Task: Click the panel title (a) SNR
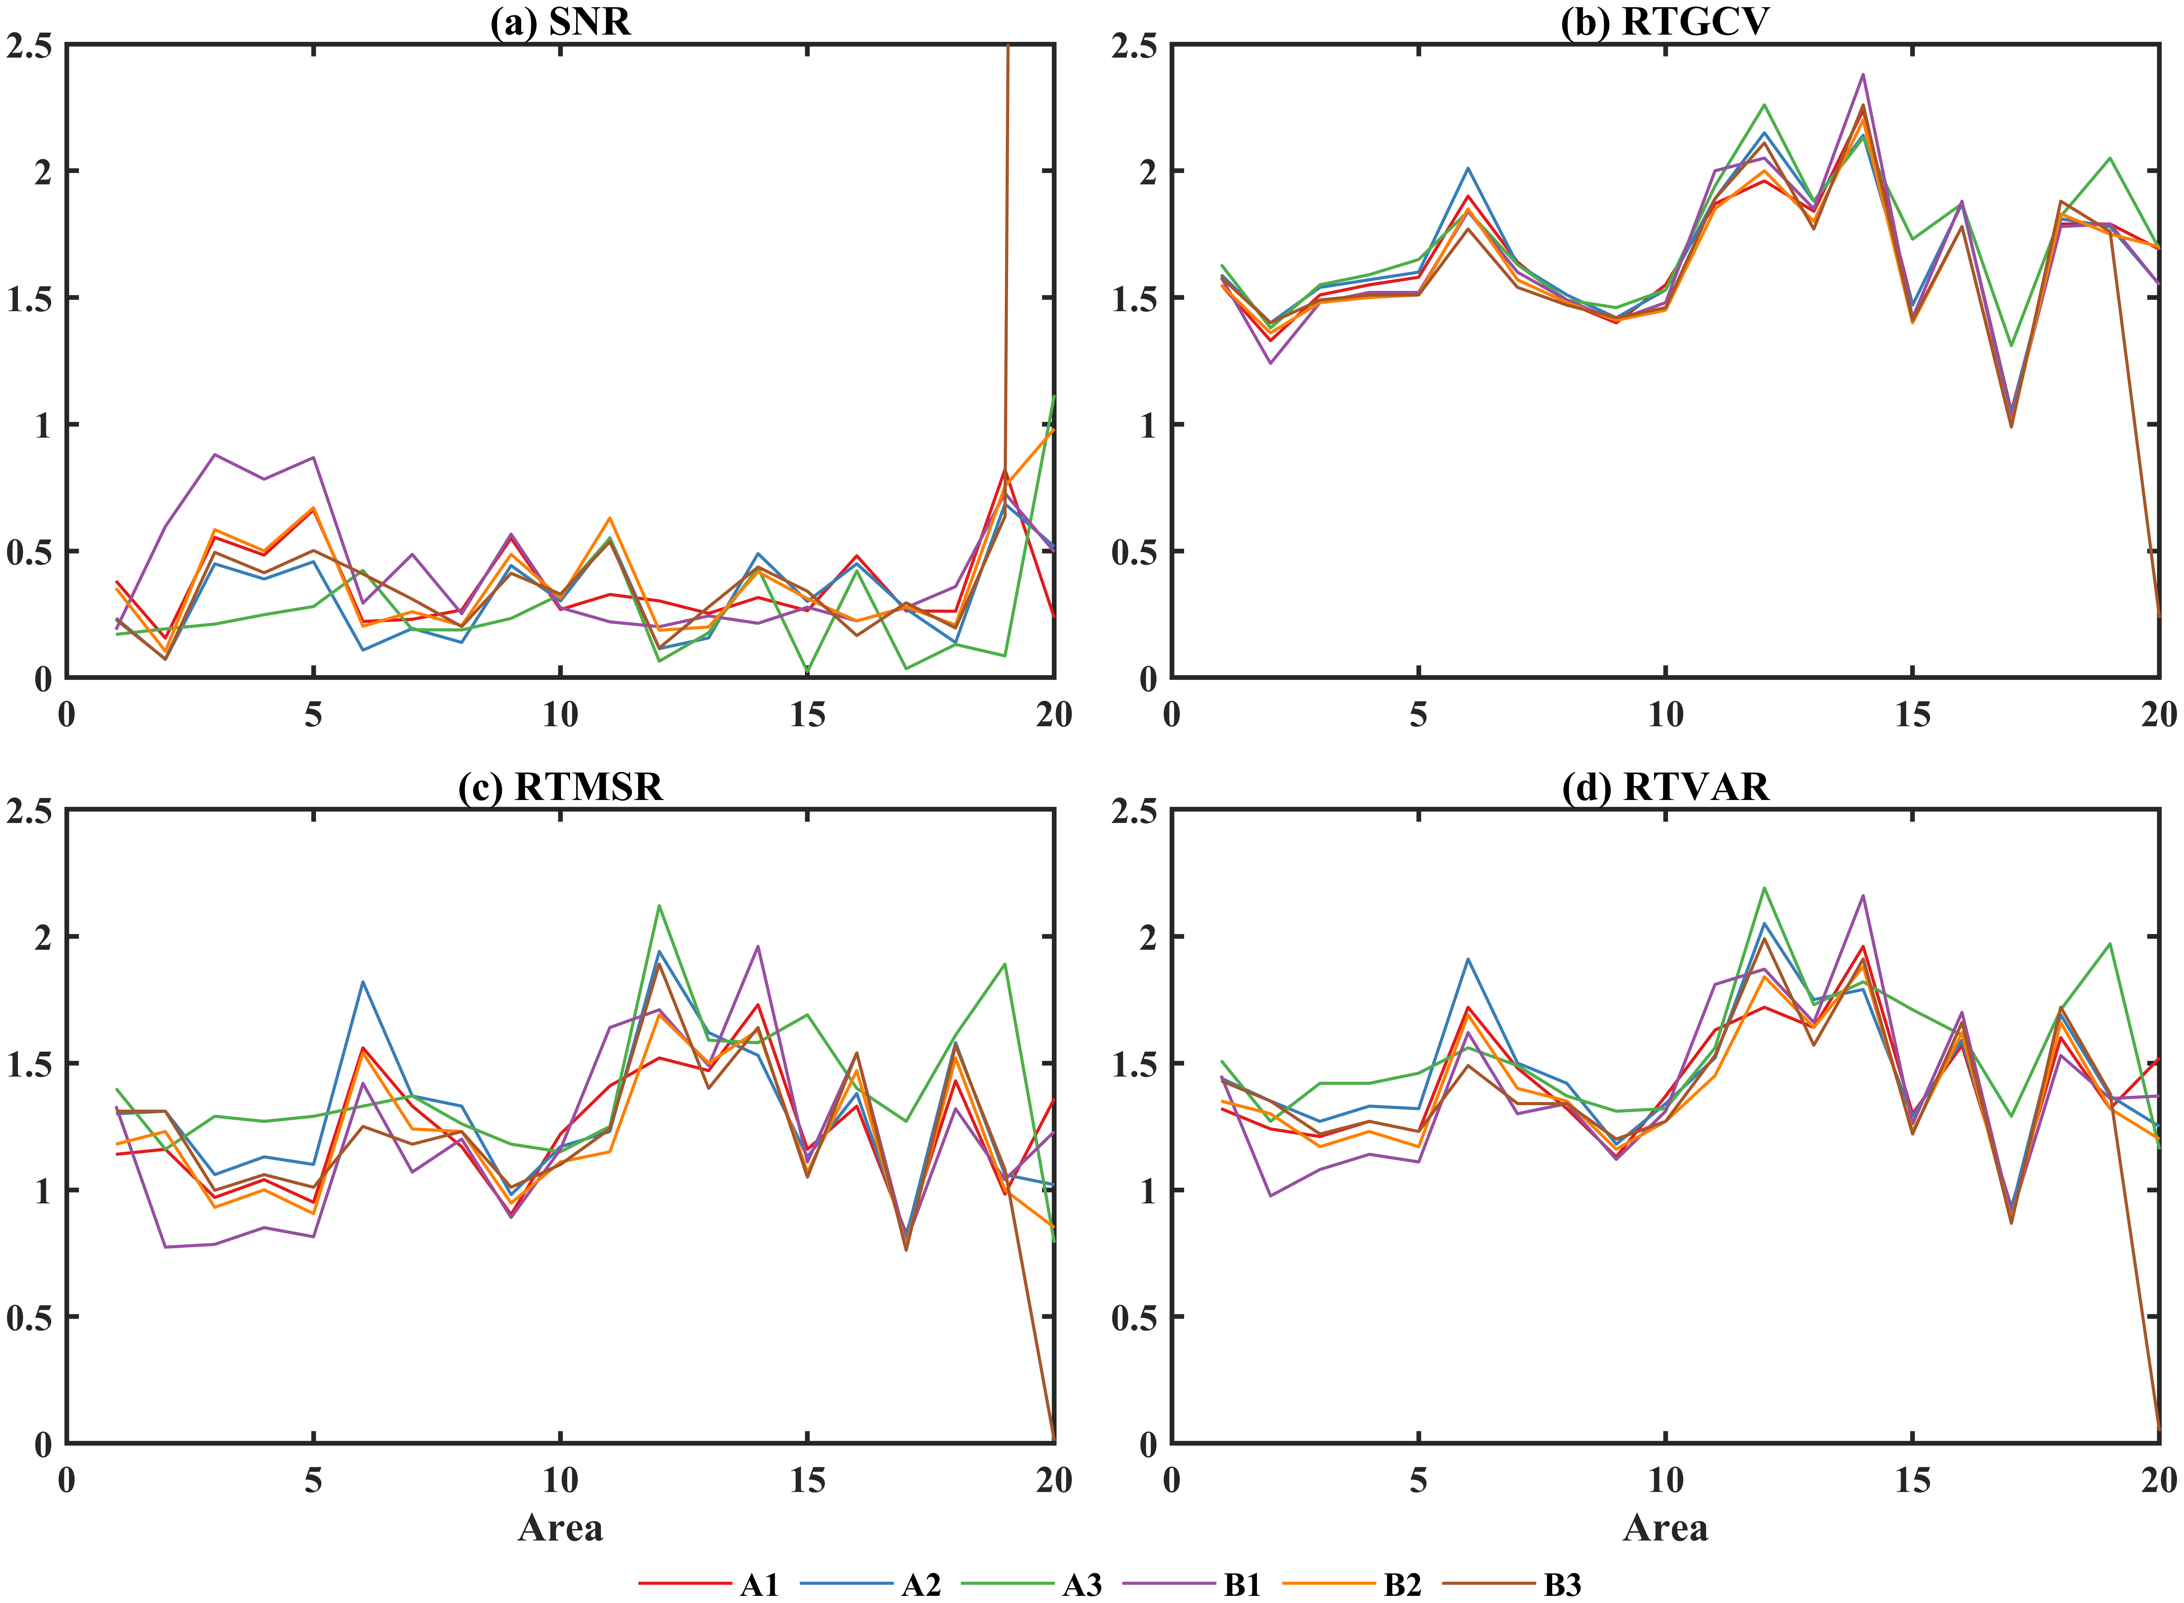point(560,21)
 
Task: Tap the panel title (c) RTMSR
point(560,786)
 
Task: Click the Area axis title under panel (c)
point(560,1527)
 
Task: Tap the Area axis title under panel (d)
point(1665,1527)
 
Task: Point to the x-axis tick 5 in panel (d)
point(1419,1480)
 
